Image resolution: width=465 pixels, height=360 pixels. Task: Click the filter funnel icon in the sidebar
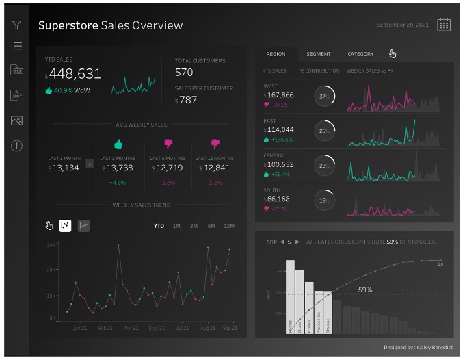coord(17,25)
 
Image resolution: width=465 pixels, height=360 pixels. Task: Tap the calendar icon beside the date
coord(444,25)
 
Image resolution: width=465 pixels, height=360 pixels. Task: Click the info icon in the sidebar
coord(17,146)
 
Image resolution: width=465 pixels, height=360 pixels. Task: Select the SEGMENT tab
coord(319,54)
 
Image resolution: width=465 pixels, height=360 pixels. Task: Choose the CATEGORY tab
coord(360,54)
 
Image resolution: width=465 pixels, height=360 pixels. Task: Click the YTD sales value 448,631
coord(74,74)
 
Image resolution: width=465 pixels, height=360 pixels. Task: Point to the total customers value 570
coord(184,72)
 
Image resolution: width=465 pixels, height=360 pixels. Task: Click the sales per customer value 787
coord(188,100)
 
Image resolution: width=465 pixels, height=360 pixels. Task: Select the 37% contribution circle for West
coord(323,97)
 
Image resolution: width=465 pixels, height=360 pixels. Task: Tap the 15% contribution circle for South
coord(323,201)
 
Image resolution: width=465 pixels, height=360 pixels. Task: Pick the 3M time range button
coord(194,226)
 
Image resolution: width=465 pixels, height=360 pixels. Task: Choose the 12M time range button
coord(229,226)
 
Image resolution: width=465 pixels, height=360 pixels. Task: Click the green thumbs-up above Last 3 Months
coord(118,144)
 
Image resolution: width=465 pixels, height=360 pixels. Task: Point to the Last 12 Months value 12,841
coord(216,168)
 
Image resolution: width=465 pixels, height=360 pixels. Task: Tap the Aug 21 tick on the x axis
coord(207,329)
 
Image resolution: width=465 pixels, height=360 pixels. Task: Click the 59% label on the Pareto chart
coord(365,290)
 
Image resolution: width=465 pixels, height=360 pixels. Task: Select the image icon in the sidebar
coord(17,120)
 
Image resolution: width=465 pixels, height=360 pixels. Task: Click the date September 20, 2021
coord(403,25)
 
